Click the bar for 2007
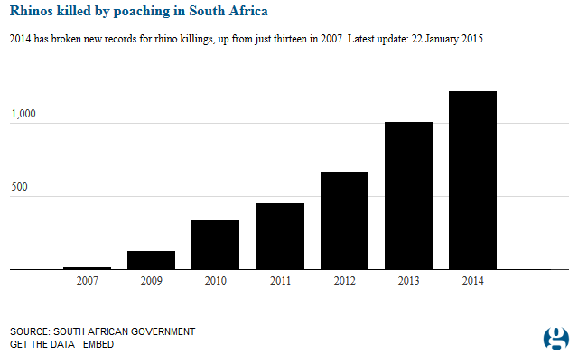coord(87,268)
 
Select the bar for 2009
coord(151,260)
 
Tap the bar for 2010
coord(215,245)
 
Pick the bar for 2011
coord(280,237)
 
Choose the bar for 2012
coord(344,220)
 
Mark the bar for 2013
coord(408,196)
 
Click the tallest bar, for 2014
coord(472,181)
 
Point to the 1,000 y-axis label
coord(23,115)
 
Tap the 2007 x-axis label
coord(87,281)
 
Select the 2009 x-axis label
coord(151,281)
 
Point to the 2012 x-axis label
coord(344,281)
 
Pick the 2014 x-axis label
coord(472,281)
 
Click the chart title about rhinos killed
coord(138,13)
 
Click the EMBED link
coord(98,345)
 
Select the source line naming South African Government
coord(102,331)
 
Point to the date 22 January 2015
coord(445,42)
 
